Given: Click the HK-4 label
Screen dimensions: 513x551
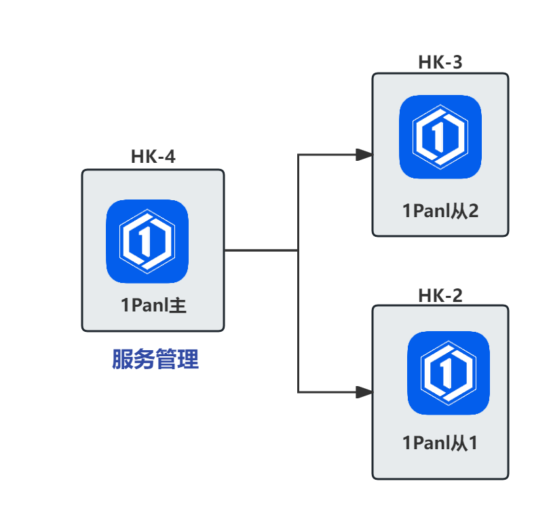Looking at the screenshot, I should tap(153, 157).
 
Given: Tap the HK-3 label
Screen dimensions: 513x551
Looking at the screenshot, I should tap(440, 63).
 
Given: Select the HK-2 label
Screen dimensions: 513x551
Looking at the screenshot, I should tap(440, 296).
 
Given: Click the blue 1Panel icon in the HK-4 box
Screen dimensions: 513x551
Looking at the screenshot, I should tap(147, 241).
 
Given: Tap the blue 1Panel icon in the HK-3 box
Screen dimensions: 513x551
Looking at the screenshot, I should tap(440, 136).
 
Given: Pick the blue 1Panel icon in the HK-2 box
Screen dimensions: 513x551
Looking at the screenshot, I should tap(448, 373).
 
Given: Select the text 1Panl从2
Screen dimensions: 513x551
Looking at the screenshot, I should tap(440, 211).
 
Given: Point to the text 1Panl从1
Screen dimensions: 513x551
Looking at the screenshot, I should tap(440, 444).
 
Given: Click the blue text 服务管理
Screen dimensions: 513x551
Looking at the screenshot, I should tap(155, 360).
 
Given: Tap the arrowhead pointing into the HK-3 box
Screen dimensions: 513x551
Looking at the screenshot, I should tap(364, 155).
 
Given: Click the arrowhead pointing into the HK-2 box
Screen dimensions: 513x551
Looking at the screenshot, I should tap(364, 392).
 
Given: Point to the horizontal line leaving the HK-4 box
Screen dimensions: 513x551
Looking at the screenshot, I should tap(261, 250).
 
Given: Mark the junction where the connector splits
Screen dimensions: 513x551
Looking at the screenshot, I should tap(299, 250).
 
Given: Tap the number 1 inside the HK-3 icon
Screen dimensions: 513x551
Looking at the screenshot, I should tap(438, 136).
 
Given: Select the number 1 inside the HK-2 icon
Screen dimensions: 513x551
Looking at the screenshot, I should tap(446, 373).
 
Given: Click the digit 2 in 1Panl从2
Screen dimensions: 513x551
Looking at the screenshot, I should tap(472, 211).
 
